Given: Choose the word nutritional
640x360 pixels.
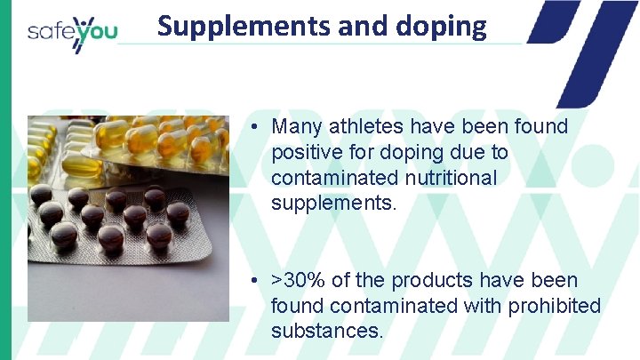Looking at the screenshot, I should click(448, 178).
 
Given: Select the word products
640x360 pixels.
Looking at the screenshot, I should click(429, 280).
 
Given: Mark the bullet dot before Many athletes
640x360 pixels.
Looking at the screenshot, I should click(254, 127).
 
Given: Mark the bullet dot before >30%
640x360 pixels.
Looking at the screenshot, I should click(254, 281).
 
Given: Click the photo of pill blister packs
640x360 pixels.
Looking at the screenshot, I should click(128, 218).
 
